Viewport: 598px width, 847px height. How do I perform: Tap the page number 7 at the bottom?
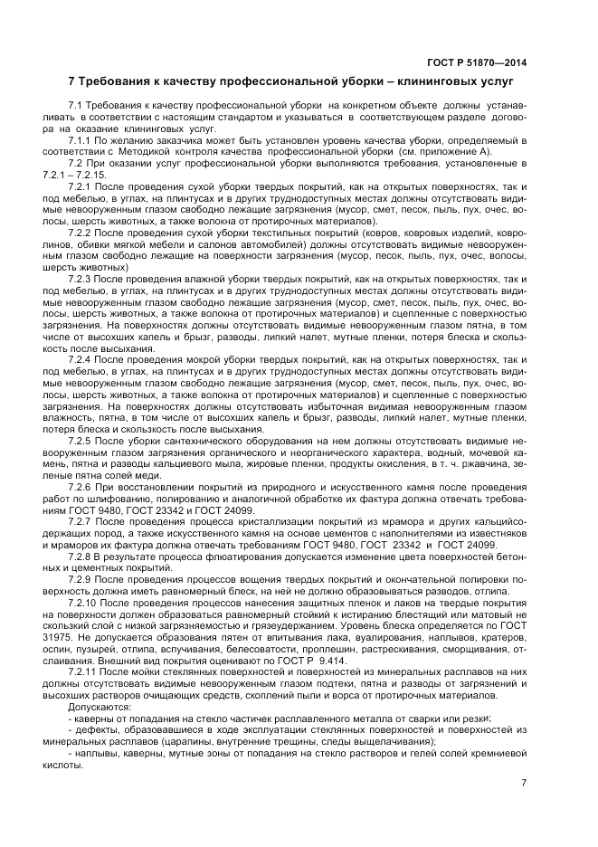524,783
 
